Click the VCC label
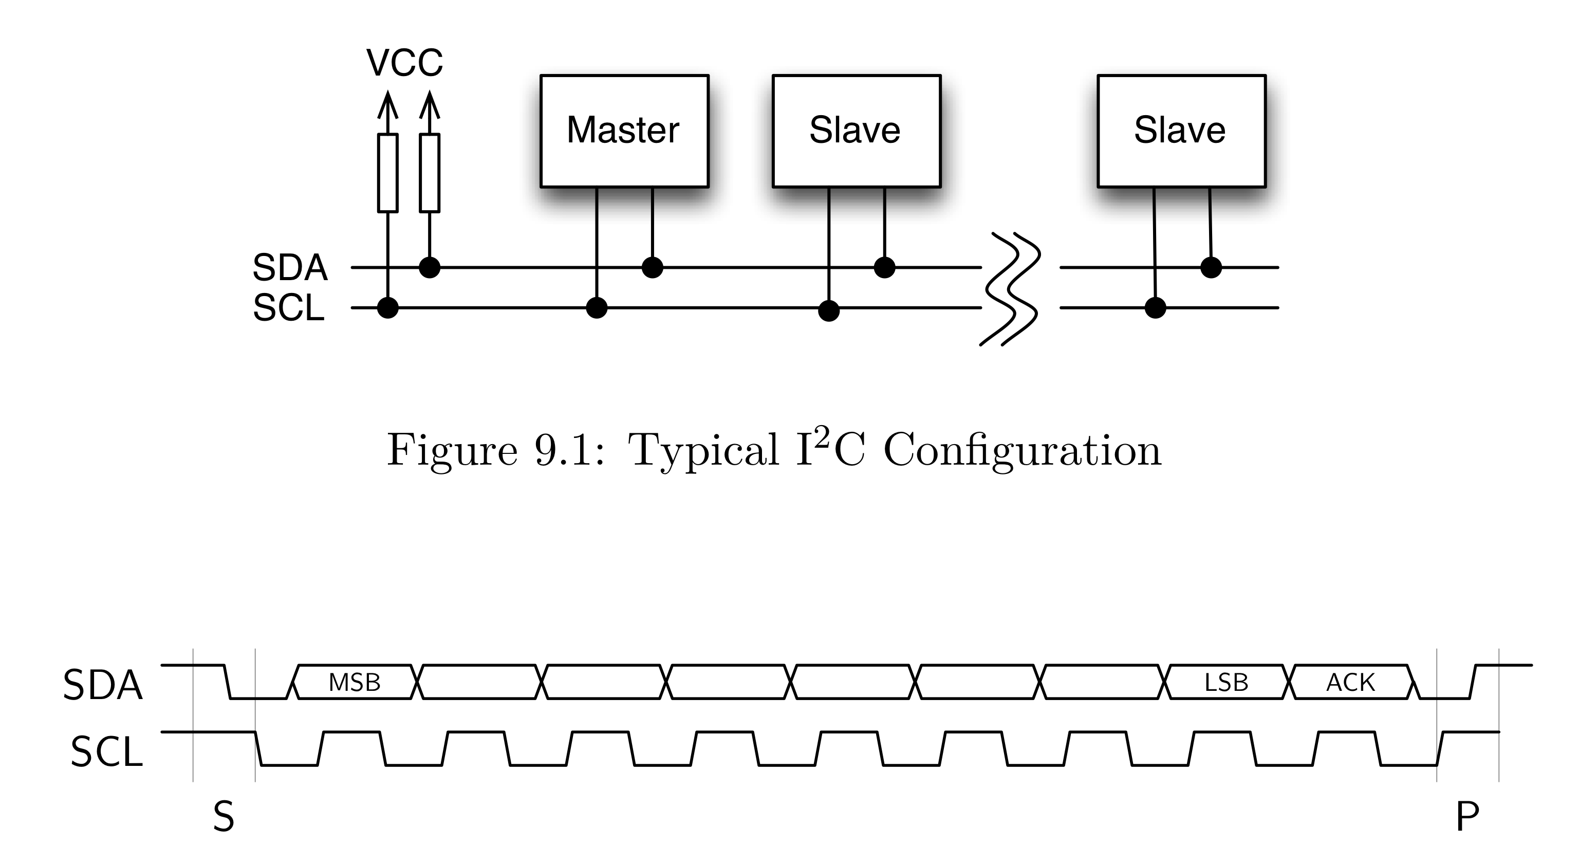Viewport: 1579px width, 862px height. tap(404, 63)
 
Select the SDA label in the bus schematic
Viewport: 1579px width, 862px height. tap(290, 267)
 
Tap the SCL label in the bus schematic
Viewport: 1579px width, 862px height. tap(289, 308)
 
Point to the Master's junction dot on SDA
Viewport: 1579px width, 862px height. tap(652, 267)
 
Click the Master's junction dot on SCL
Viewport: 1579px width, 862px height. tap(597, 308)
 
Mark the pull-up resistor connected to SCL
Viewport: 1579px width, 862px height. tap(388, 173)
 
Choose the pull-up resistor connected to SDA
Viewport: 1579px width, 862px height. tap(430, 173)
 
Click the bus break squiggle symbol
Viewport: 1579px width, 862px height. tap(1010, 289)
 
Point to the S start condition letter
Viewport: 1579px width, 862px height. tap(224, 817)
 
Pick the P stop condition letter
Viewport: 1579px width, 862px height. tap(1467, 817)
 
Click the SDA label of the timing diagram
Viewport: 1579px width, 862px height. tap(103, 685)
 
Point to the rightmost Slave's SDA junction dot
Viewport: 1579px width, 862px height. tap(1211, 267)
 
